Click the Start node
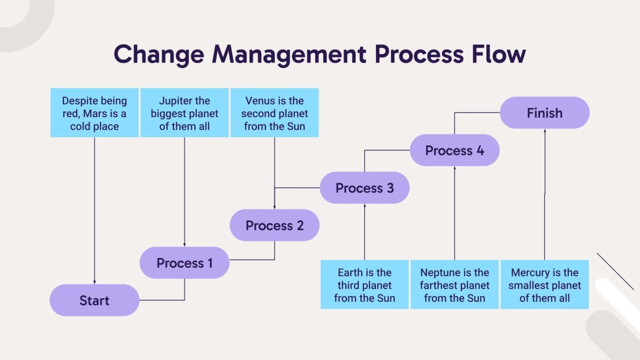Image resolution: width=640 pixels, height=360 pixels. click(x=94, y=300)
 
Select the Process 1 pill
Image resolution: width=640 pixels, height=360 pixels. click(x=184, y=262)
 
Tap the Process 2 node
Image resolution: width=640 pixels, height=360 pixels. click(x=274, y=225)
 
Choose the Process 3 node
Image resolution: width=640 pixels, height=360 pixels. click(x=364, y=188)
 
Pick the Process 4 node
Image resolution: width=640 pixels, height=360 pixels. click(x=454, y=151)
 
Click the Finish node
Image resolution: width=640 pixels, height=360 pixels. click(x=544, y=113)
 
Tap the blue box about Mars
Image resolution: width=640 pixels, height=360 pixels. click(x=94, y=113)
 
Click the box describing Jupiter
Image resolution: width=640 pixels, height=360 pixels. click(x=184, y=113)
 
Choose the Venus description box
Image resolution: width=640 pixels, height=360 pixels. click(x=274, y=113)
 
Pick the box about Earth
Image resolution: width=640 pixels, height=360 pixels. click(x=364, y=285)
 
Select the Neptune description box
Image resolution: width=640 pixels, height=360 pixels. click(x=454, y=285)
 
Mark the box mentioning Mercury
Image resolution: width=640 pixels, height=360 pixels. click(x=544, y=285)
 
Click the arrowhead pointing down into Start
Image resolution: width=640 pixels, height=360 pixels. click(x=94, y=282)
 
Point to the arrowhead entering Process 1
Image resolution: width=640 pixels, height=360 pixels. click(x=184, y=245)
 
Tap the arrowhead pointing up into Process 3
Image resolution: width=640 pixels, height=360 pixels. click(x=364, y=206)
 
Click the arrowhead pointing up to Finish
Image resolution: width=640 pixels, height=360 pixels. click(x=544, y=131)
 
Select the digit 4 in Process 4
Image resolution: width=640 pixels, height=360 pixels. click(x=480, y=151)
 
